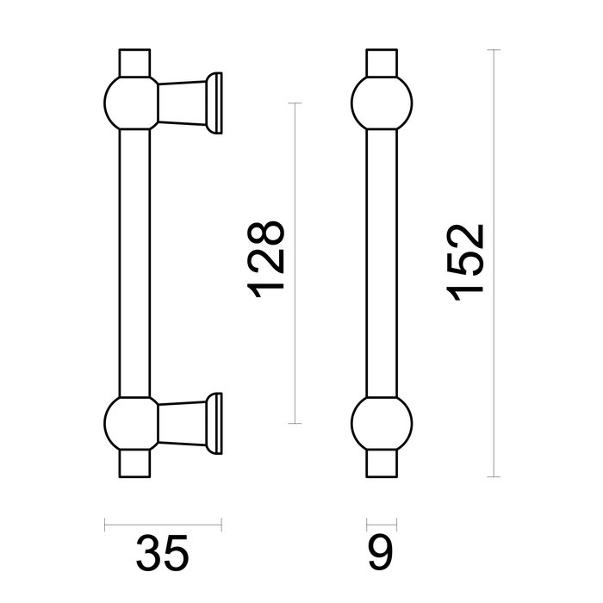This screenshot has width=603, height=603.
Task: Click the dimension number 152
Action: (469, 263)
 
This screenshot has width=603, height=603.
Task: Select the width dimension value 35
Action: (163, 553)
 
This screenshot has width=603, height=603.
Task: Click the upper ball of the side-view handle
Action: (132, 103)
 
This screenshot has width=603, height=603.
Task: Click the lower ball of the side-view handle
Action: (132, 422)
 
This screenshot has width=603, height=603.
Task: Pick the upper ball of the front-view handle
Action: (381, 103)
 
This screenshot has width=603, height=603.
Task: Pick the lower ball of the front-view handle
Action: (381, 422)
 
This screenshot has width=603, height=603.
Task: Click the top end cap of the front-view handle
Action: (381, 64)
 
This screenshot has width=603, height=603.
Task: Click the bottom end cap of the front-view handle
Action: (381, 462)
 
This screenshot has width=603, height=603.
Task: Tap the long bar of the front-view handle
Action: (381, 263)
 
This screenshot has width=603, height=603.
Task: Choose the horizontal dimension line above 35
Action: (163, 522)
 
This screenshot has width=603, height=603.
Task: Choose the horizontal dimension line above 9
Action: (381, 522)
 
